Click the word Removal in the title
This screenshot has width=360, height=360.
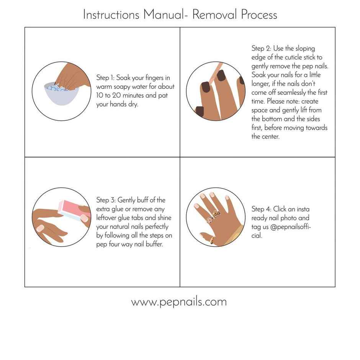tap(215, 15)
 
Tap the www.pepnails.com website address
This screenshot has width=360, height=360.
tap(179, 302)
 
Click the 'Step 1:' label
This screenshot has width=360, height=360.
tap(105, 78)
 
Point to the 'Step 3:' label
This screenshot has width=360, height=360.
tap(106, 200)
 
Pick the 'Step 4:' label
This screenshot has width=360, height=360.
tap(261, 209)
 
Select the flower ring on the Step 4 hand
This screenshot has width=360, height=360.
tap(209, 219)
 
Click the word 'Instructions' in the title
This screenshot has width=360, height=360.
tap(111, 15)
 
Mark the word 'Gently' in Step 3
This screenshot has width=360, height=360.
tap(128, 200)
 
